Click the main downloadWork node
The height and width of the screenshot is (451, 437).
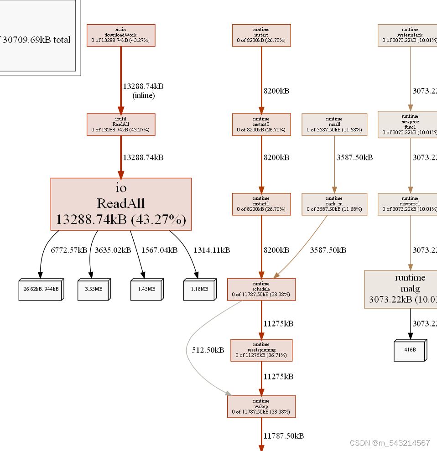(x=121, y=36)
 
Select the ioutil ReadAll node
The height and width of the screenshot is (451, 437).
(x=121, y=124)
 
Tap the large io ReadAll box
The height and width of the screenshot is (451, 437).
(x=121, y=204)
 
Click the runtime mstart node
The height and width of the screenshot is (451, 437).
(x=261, y=36)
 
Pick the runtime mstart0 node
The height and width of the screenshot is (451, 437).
(x=261, y=124)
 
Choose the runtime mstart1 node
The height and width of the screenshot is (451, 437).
(x=261, y=204)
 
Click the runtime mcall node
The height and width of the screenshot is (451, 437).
(x=334, y=124)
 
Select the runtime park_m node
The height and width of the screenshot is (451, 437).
(x=334, y=204)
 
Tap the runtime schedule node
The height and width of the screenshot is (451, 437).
(x=261, y=289)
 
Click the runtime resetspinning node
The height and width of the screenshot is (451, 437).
(x=261, y=350)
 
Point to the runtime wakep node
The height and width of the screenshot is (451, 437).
(x=261, y=406)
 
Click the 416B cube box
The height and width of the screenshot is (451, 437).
(x=410, y=350)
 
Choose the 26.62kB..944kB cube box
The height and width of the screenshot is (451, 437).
(x=41, y=289)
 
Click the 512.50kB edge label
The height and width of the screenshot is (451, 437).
(x=208, y=350)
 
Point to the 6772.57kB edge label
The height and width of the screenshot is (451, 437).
(x=69, y=250)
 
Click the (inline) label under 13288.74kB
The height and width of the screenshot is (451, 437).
(x=143, y=96)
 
